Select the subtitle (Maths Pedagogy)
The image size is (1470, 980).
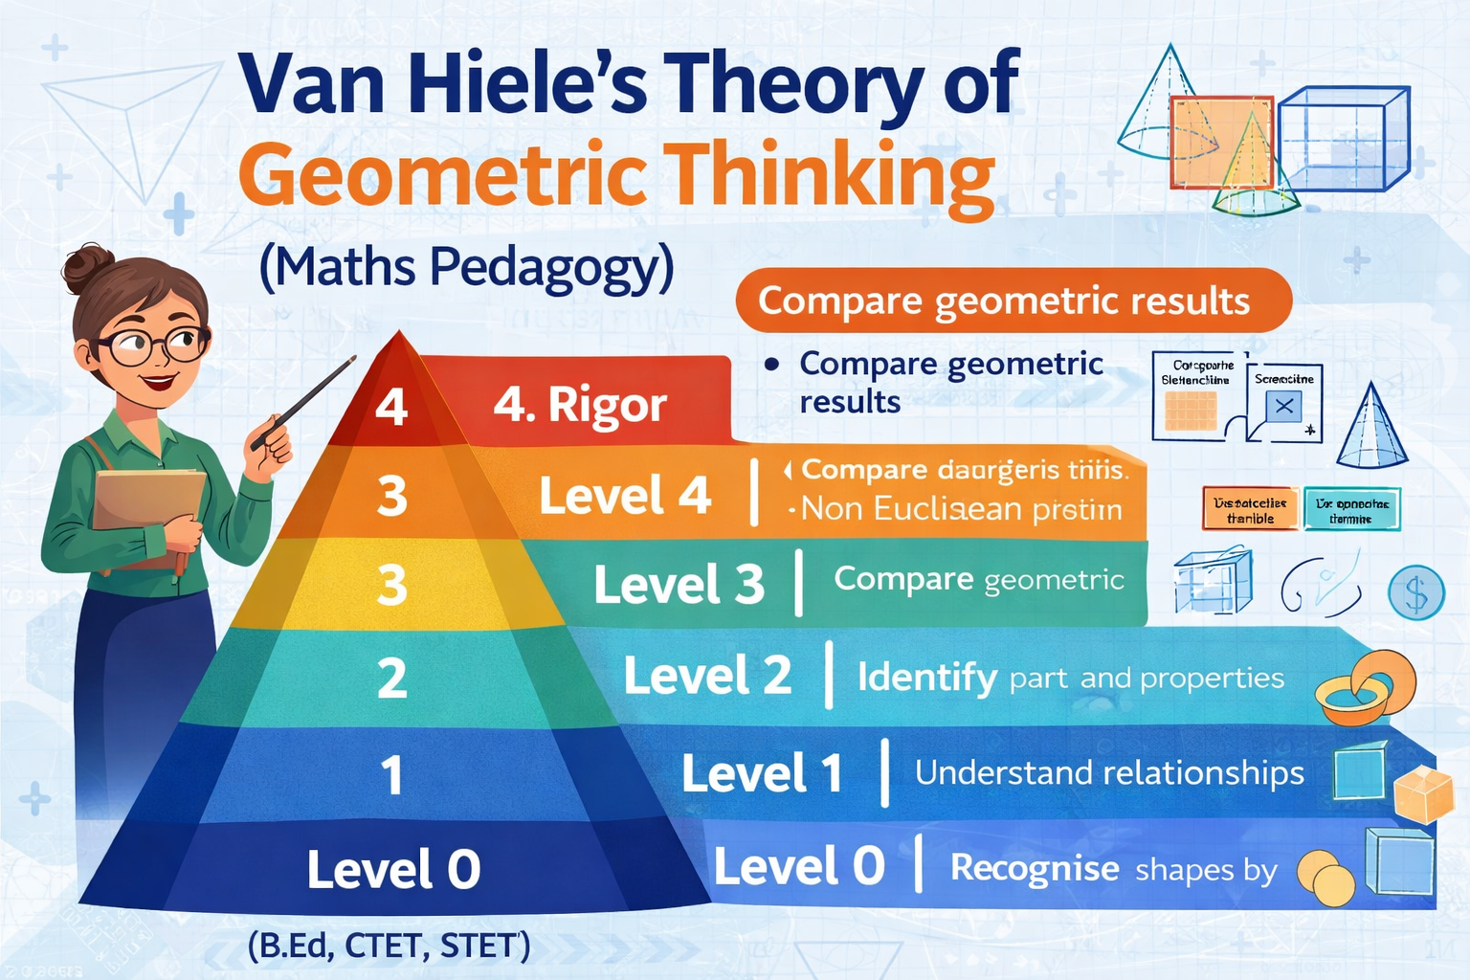click(x=466, y=267)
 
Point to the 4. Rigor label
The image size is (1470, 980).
click(x=580, y=405)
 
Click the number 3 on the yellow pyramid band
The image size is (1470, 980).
click(x=392, y=584)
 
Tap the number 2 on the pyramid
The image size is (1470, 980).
click(x=392, y=678)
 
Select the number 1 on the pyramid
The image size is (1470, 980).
click(x=392, y=774)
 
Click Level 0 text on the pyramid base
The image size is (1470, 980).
click(x=393, y=870)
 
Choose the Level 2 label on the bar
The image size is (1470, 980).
click(x=707, y=676)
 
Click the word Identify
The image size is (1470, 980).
click(x=926, y=678)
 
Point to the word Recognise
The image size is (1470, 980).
click(x=1035, y=868)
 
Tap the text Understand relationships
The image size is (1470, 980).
click(x=1109, y=772)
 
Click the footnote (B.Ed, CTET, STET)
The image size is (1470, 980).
click(x=389, y=947)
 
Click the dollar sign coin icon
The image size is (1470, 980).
click(x=1416, y=593)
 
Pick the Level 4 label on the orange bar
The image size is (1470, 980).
click(x=625, y=496)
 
